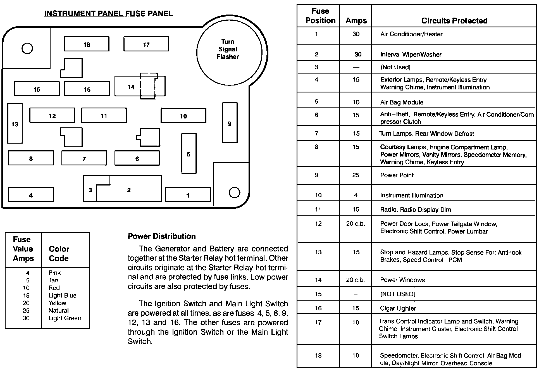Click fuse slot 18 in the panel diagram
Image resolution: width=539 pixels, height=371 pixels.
(87, 44)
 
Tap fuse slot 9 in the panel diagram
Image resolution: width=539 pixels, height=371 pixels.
(230, 123)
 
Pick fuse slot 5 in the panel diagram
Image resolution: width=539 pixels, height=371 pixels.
(189, 154)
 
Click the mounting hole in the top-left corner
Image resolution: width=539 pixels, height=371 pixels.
(27, 48)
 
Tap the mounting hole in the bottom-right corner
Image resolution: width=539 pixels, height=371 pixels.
(234, 192)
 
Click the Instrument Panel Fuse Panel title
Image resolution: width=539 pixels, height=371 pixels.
(108, 14)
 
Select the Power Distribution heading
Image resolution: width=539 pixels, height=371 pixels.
(162, 236)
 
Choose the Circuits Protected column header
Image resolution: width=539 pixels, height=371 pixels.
(454, 21)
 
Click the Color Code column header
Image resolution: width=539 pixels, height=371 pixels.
(59, 253)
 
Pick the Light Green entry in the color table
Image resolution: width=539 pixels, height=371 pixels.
(65, 318)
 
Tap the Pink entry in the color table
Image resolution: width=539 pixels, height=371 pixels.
(54, 273)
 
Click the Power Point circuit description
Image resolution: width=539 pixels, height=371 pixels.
(397, 175)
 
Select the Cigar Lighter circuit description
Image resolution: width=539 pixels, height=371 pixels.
(398, 308)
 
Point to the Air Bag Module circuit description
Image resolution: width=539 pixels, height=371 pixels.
(402, 102)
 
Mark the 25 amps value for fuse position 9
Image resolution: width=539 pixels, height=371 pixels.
(356, 175)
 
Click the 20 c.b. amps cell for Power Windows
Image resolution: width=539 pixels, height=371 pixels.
(356, 280)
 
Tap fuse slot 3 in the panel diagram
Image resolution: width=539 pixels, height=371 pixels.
(90, 190)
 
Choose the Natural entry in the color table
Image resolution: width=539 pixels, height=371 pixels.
(58, 311)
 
